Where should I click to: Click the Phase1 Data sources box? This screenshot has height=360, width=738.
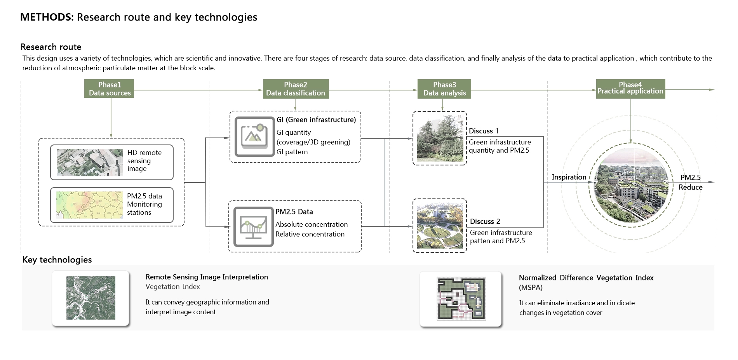pyautogui.click(x=109, y=89)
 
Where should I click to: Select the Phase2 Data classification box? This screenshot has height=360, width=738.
pyautogui.click(x=296, y=89)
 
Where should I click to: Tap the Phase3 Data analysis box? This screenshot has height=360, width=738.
pyautogui.click(x=444, y=89)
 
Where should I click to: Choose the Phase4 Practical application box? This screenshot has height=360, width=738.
pyautogui.click(x=630, y=89)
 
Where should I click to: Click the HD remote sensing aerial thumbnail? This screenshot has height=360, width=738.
pyautogui.click(x=90, y=162)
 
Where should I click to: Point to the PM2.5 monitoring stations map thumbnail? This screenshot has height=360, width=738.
pyautogui.click(x=89, y=205)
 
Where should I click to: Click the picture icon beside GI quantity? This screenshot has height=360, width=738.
pyautogui.click(x=254, y=137)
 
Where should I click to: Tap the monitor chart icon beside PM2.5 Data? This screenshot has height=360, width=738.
pyautogui.click(x=253, y=227)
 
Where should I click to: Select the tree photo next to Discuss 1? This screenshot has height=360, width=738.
pyautogui.click(x=440, y=138)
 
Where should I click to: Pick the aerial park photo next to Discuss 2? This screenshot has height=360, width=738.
pyautogui.click(x=440, y=226)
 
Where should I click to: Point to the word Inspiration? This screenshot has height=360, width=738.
pyautogui.click(x=569, y=177)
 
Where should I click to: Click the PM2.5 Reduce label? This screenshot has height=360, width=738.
pyautogui.click(x=691, y=182)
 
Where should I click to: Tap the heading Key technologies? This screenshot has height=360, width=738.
pyautogui.click(x=57, y=260)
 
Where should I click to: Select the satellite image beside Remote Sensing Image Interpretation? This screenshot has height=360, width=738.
pyautogui.click(x=91, y=298)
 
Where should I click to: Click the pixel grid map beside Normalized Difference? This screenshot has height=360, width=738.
pyautogui.click(x=461, y=299)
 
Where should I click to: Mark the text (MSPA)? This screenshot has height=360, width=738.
pyautogui.click(x=531, y=288)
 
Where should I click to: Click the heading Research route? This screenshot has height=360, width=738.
pyautogui.click(x=51, y=47)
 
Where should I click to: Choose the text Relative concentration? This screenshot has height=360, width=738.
pyautogui.click(x=310, y=234)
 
